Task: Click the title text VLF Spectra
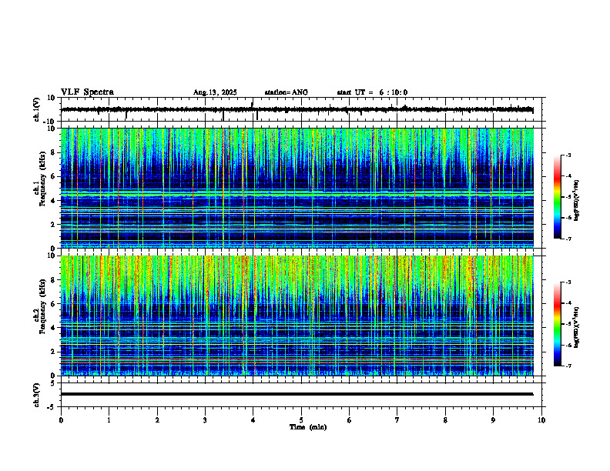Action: coord(87,92)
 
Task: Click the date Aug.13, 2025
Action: coord(215,92)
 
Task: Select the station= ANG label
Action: coord(286,92)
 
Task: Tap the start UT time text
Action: coord(372,92)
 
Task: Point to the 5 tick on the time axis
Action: coord(301,419)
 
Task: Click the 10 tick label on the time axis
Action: coord(541,419)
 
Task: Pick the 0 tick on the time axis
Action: coord(61,419)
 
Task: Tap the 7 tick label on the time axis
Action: coord(397,419)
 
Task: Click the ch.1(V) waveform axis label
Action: coord(36,110)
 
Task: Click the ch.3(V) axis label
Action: coord(36,394)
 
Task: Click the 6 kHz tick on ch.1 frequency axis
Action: coord(53,176)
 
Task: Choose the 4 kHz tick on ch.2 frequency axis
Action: coord(53,328)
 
